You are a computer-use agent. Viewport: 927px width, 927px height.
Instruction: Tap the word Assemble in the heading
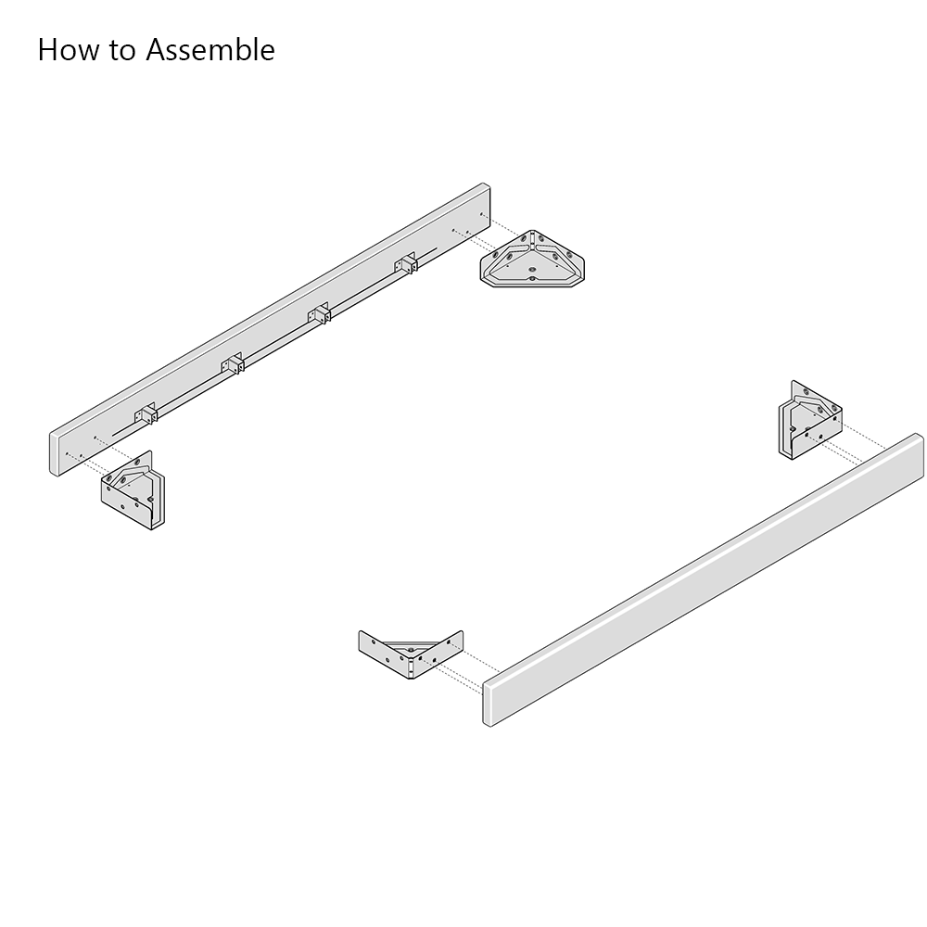(x=210, y=50)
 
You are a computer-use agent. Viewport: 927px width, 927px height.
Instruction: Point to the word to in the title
(x=123, y=51)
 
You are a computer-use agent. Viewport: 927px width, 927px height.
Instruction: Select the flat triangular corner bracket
(x=532, y=260)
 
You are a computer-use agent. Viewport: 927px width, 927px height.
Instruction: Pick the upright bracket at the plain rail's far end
(x=810, y=421)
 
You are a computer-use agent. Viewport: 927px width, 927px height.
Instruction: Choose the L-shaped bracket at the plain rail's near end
(x=411, y=654)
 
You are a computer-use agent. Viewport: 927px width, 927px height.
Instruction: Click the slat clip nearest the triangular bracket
(x=406, y=263)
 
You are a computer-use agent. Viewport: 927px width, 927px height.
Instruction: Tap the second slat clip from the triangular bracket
(x=319, y=313)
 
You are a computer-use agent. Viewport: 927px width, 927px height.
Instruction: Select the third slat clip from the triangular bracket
(x=233, y=363)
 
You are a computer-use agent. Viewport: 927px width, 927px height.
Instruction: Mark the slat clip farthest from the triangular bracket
(x=146, y=413)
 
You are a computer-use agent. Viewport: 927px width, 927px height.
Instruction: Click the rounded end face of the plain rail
(x=489, y=703)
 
